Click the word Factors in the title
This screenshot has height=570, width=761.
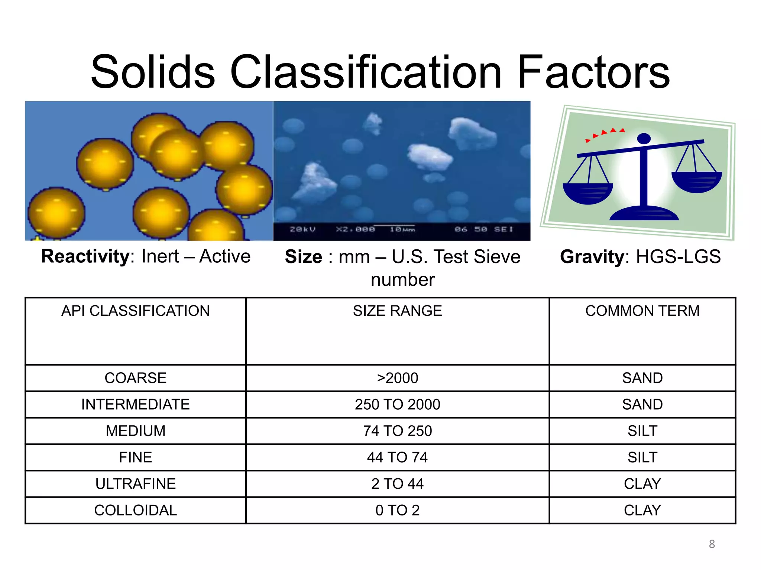pos(593,72)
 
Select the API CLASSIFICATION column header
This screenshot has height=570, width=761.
pos(135,311)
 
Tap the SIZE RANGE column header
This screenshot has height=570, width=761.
pos(397,311)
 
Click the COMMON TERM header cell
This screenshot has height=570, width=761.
pos(642,311)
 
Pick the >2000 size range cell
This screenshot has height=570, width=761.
pos(397,378)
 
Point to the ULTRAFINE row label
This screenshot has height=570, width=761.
pos(135,484)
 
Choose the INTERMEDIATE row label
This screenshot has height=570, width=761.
pos(135,404)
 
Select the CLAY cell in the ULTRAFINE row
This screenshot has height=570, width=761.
pos(642,484)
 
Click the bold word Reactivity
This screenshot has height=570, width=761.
pos(85,256)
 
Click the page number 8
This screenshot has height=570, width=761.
pos(712,544)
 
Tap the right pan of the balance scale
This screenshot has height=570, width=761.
pos(696,181)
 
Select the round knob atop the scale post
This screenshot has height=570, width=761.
pos(644,139)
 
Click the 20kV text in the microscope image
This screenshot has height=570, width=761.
pos(302,229)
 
